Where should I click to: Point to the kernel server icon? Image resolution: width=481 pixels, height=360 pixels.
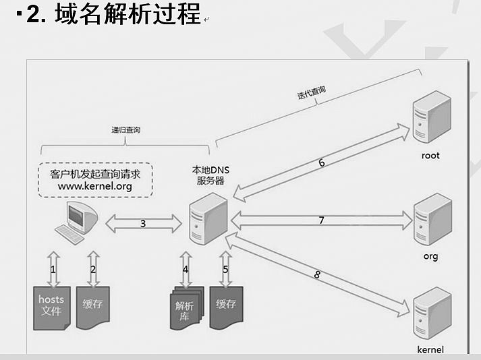(x=430, y=314)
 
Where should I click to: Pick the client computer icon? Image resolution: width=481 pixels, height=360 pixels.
(x=78, y=223)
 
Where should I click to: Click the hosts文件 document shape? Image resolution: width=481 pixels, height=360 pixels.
(x=51, y=307)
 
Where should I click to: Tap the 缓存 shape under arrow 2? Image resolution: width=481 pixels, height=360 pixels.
(x=92, y=307)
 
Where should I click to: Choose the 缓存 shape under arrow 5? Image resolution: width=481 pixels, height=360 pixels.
(x=226, y=307)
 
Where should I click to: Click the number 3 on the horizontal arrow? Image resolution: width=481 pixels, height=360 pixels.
(x=143, y=223)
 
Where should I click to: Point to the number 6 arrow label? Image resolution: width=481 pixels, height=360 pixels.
(x=322, y=162)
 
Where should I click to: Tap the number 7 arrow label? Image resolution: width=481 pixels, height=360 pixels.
(x=322, y=220)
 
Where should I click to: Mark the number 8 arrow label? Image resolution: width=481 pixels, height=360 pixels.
(x=317, y=274)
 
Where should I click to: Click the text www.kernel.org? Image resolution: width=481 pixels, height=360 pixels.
(x=94, y=186)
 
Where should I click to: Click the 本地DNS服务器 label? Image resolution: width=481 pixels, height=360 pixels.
(x=210, y=175)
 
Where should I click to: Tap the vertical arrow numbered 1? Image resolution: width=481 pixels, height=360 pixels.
(x=53, y=268)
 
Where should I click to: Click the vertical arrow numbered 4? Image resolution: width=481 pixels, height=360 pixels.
(x=186, y=269)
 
